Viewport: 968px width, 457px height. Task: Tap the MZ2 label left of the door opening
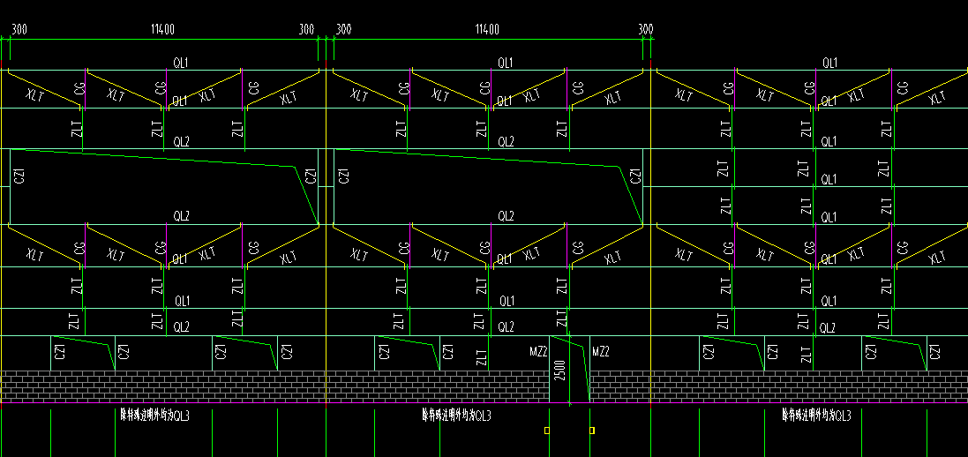click(539, 352)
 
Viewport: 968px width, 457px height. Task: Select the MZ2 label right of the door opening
click(600, 352)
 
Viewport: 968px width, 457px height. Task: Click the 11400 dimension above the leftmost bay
click(163, 29)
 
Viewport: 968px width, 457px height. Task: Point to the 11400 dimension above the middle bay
click(487, 29)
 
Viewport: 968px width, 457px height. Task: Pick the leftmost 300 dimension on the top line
click(19, 29)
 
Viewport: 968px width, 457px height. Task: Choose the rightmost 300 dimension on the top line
click(645, 29)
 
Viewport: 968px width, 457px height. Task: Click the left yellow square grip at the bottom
click(547, 431)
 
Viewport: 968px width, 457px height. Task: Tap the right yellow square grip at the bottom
click(592, 431)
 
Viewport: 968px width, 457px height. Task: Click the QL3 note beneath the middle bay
click(456, 415)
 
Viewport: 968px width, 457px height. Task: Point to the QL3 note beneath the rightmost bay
click(816, 415)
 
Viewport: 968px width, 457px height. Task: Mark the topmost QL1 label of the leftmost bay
click(181, 63)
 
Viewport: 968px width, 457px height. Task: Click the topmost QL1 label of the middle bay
click(506, 63)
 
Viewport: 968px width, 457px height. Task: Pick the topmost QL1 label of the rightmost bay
click(829, 63)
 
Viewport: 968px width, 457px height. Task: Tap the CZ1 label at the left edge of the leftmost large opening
click(19, 176)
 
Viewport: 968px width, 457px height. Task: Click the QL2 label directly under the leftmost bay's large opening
click(181, 215)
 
